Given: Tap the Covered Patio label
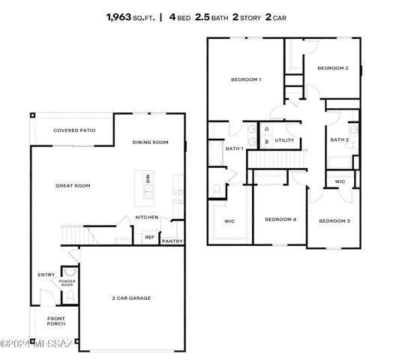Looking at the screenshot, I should tap(72, 130).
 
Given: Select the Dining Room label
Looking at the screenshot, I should tap(150, 142).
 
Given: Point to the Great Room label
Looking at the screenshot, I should tap(72, 185).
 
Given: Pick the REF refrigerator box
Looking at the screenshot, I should tap(149, 237).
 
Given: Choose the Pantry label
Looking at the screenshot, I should tap(172, 241).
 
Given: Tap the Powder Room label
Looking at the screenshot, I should tap(67, 283).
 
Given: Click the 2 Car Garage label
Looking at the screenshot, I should tap(131, 298).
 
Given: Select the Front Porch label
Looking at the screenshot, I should tap(56, 321).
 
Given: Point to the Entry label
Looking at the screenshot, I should tap(46, 274).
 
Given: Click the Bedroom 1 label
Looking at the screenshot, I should tap(245, 79).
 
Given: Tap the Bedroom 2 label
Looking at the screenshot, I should tap(332, 68).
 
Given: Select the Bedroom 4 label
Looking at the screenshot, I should tap(280, 220).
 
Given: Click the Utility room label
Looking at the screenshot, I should tap(284, 140).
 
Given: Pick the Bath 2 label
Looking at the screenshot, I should tap(340, 139).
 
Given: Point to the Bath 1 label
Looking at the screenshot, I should tap(235, 148).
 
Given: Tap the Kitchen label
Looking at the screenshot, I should tap(146, 217).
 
